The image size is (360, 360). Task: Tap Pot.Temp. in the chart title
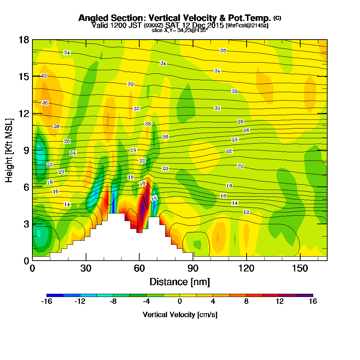point(251,18)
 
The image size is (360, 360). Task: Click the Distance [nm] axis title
point(180,281)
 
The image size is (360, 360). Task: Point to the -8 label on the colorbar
point(113,302)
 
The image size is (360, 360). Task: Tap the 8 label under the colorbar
point(246,302)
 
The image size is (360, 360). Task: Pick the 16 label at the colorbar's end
point(313,302)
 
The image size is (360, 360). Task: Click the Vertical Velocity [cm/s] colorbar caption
point(180,315)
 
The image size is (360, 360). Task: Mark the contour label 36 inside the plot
point(223,50)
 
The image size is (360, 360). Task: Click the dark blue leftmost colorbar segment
point(55,295)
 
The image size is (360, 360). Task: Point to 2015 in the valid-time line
point(213,25)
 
